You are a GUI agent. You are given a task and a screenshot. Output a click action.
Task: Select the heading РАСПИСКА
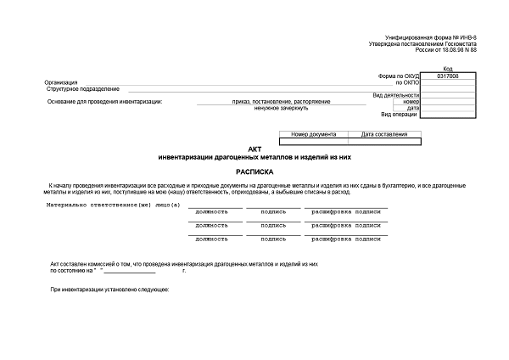coord(255,171)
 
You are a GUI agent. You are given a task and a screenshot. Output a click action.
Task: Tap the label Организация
coord(64,82)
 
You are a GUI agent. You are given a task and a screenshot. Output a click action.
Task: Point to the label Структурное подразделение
coord(84,89)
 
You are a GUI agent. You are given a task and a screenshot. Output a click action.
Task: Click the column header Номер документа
coord(314,134)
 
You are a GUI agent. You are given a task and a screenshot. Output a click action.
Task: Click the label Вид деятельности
coord(396,95)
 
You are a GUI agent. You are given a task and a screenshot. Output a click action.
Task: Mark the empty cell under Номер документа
coord(314,141)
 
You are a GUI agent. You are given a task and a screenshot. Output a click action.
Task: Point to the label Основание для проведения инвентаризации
coord(105,102)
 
